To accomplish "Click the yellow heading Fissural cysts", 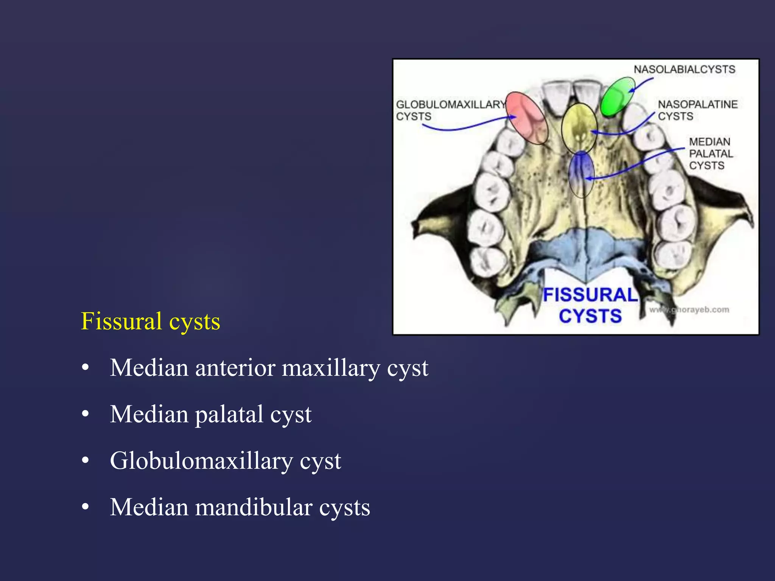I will tap(150, 322).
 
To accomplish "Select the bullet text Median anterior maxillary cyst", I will tap(269, 368).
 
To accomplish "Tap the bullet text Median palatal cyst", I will tap(210, 415).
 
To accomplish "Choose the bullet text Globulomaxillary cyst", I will tap(225, 461).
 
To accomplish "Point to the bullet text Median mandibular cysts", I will tap(240, 508).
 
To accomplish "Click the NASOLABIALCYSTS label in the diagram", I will tap(684, 70).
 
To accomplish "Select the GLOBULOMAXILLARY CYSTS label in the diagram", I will tap(450, 110).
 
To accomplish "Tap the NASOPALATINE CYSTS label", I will tap(697, 110).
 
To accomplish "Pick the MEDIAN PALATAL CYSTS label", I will tap(710, 154).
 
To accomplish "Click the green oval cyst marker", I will tap(618, 96).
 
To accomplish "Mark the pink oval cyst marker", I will tap(527, 118).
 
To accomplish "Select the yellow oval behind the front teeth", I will tap(579, 127).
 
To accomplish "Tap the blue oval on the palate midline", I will tap(581, 174).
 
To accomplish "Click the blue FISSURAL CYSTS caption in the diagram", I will tap(590, 306).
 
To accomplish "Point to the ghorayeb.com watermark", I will tap(689, 310).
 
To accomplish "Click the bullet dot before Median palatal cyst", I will tap(86, 415).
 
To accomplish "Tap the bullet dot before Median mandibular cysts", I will tap(86, 508).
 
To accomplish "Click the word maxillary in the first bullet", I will tap(331, 368).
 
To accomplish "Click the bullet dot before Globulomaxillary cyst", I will tap(86, 461).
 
